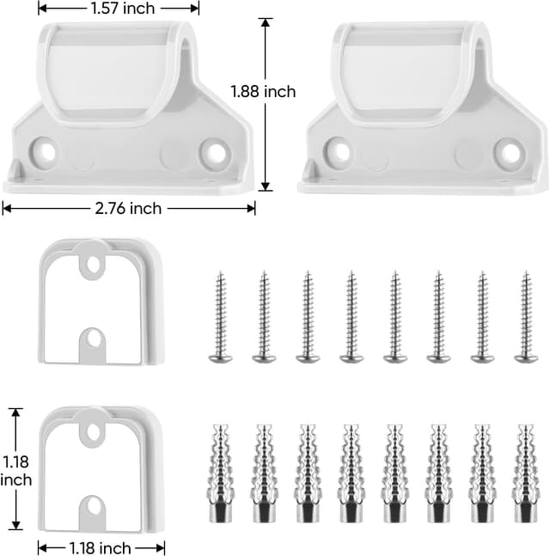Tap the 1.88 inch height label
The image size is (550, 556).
pyautogui.click(x=263, y=91)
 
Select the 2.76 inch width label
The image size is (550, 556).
pyautogui.click(x=129, y=208)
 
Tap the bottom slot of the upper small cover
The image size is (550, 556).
pyautogui.click(x=91, y=341)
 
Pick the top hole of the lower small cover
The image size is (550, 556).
pyautogui.click(x=91, y=430)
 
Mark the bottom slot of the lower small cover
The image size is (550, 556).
pyautogui.click(x=91, y=508)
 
